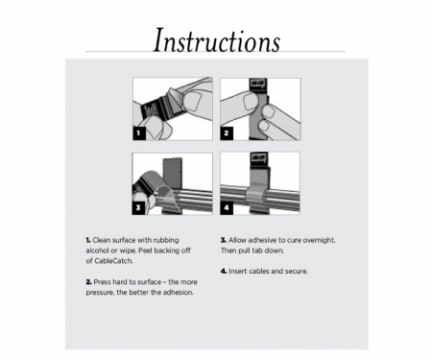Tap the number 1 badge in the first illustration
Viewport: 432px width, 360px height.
point(138,133)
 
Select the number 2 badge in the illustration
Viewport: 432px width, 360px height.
point(228,133)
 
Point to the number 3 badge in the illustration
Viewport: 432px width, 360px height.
point(138,206)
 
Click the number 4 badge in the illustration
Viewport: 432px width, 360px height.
point(228,206)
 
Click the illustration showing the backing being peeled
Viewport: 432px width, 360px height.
point(172,109)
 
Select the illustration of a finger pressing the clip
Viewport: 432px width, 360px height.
point(260,109)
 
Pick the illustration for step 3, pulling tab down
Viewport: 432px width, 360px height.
point(172,183)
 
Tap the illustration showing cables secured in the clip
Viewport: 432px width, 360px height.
point(260,183)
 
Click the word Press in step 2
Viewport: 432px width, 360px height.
point(105,280)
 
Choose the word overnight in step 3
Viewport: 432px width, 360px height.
point(313,239)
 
